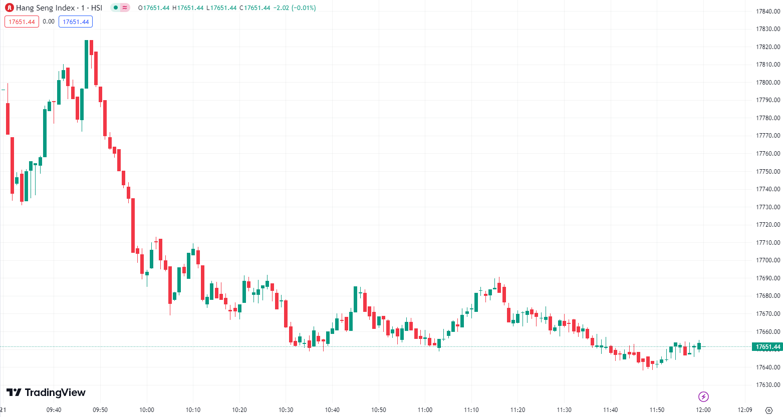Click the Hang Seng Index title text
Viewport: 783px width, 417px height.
click(x=59, y=8)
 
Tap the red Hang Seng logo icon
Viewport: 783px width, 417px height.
click(x=9, y=8)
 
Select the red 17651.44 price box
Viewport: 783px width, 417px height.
click(x=22, y=22)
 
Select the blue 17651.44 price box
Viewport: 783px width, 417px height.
click(x=76, y=22)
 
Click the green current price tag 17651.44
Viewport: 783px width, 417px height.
click(x=767, y=347)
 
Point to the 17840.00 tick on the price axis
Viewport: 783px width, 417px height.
click(x=768, y=12)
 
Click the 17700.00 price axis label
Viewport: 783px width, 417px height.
click(x=768, y=260)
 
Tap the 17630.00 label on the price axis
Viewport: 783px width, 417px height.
click(x=768, y=385)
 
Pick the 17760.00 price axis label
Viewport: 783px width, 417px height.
click(x=768, y=154)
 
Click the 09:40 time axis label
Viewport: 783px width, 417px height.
click(x=54, y=410)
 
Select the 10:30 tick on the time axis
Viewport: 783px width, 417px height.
click(x=286, y=410)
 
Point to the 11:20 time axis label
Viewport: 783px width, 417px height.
click(x=517, y=410)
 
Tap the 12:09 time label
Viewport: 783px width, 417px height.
click(x=745, y=410)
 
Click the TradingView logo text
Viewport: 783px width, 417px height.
click(x=46, y=392)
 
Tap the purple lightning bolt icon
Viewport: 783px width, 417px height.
click(x=703, y=397)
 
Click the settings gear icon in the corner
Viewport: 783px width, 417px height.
click(x=769, y=410)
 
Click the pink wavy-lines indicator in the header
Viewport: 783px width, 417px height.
click(x=125, y=8)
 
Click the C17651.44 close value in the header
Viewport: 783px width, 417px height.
click(x=255, y=8)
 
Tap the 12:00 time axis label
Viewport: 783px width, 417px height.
click(x=703, y=410)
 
